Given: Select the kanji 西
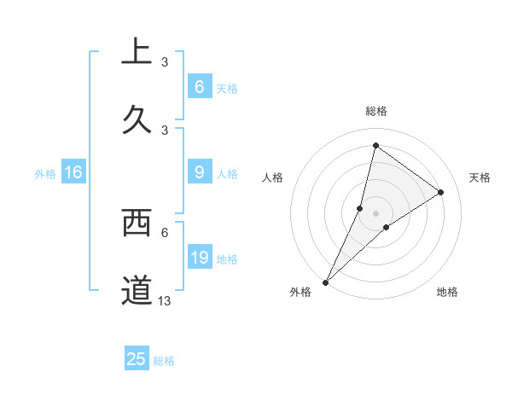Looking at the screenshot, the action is (137, 224).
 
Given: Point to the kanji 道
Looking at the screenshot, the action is (137, 290).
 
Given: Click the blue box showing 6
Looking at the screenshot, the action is (199, 86).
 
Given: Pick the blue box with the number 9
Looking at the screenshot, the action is (199, 172).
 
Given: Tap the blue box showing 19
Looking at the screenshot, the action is (199, 257).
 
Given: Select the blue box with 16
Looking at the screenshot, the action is (73, 172).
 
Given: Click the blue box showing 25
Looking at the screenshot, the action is (137, 359).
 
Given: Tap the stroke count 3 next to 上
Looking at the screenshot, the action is (165, 61).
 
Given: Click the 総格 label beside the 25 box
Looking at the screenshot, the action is (164, 361).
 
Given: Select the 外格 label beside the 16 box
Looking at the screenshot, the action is (45, 174).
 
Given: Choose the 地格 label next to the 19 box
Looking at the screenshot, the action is (227, 259).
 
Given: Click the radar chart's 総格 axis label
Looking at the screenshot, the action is (376, 111).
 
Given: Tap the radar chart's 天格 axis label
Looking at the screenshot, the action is (480, 177).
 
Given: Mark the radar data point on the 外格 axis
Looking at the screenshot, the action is (326, 282).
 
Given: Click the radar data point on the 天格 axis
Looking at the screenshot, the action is (441, 193).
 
